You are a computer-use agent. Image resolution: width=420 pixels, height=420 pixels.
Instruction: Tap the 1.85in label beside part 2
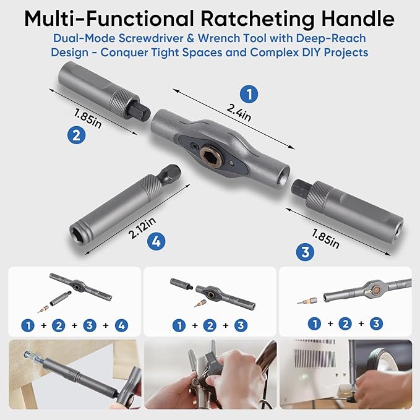[x=88, y=117]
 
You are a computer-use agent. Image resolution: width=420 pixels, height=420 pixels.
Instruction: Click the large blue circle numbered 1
[x=249, y=95]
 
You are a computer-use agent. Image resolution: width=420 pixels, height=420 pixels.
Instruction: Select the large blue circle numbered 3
[x=304, y=252]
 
